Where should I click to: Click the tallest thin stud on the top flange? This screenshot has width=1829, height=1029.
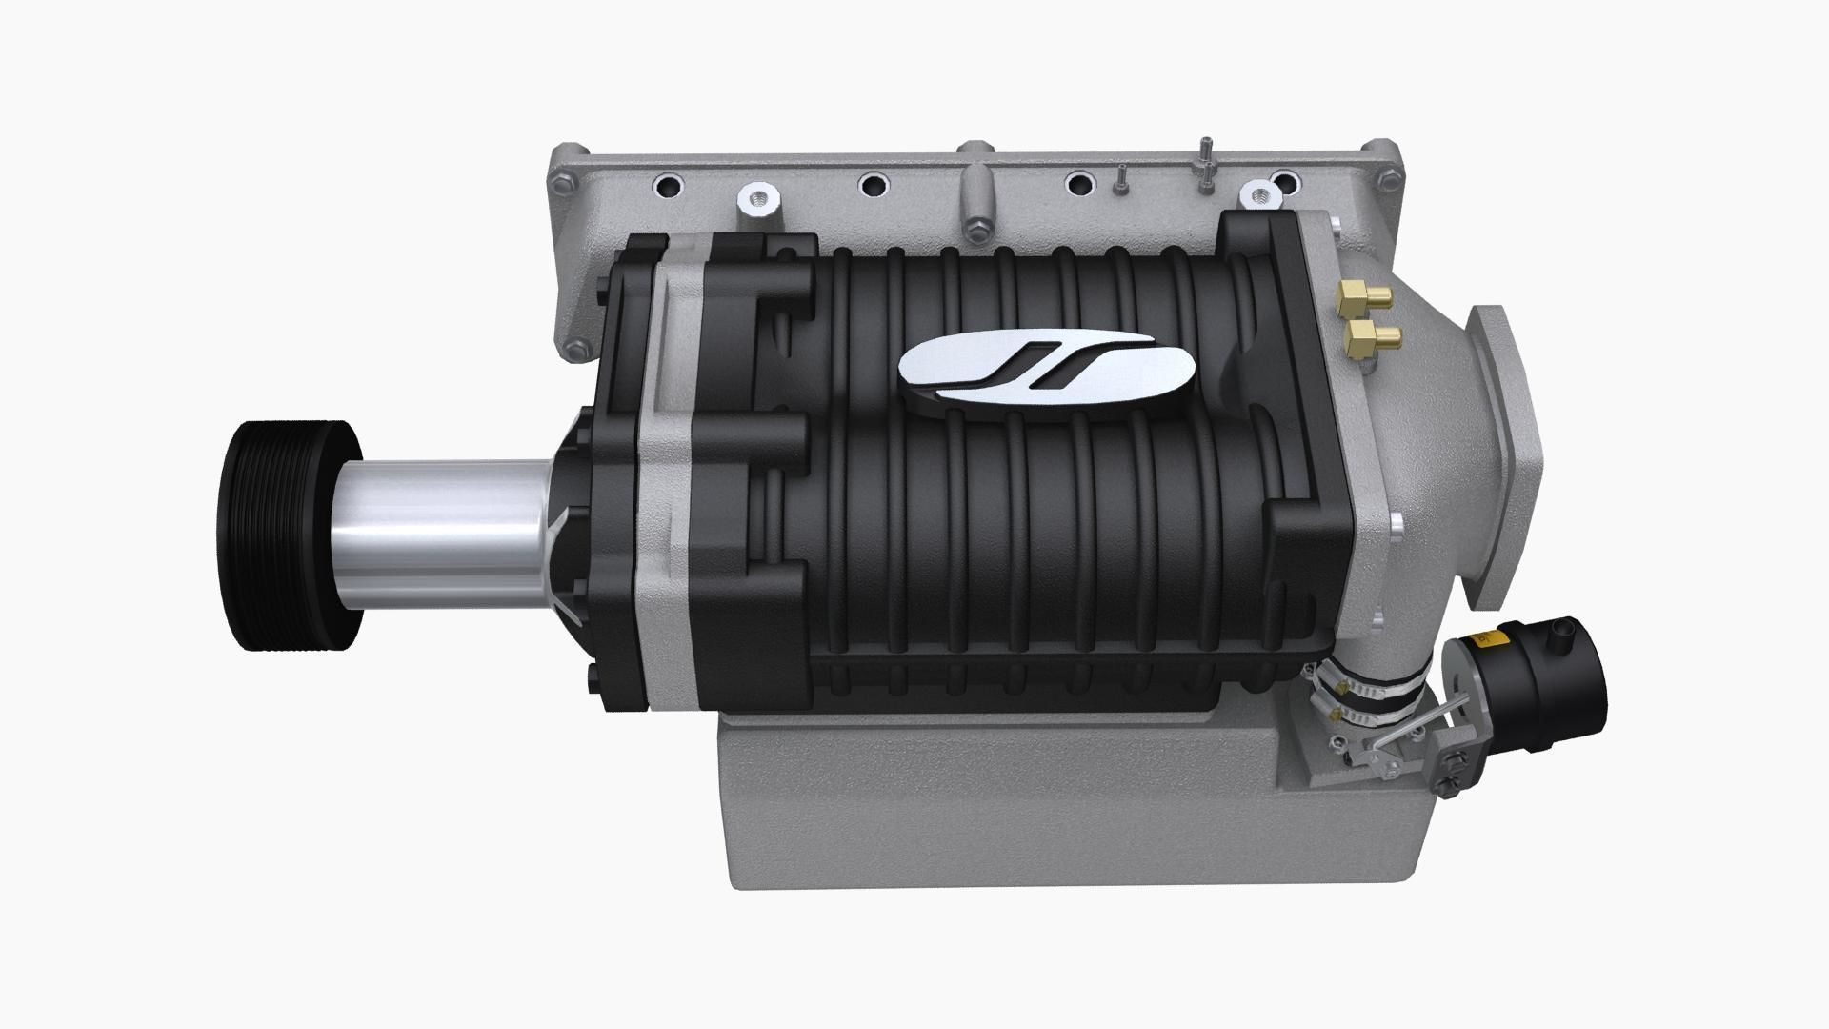click(1205, 158)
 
